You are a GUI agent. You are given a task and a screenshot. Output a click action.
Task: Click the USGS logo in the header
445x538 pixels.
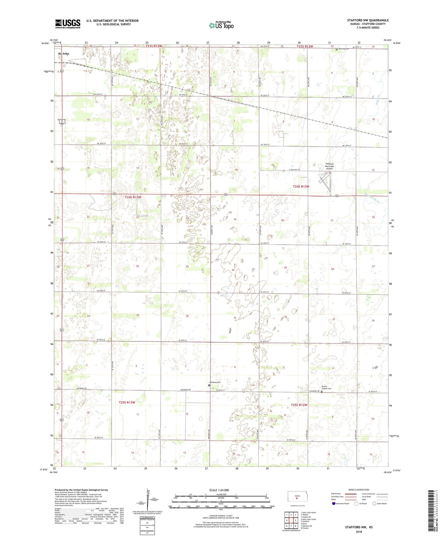67,24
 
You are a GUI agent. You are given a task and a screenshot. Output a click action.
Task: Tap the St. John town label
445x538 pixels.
64,54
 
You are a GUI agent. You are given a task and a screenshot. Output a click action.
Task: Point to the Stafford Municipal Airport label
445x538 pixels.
329,166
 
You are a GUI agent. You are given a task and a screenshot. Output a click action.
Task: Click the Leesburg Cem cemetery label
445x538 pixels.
215,382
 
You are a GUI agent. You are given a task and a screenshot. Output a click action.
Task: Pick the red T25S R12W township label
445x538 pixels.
299,405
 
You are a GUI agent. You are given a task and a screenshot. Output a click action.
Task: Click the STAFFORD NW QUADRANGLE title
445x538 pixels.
368,20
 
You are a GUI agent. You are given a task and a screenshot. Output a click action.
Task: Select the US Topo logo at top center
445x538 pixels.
221,25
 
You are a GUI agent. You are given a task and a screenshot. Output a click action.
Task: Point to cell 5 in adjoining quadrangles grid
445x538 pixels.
296,520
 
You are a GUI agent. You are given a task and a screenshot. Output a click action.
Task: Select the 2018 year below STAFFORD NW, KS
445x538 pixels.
358,532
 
